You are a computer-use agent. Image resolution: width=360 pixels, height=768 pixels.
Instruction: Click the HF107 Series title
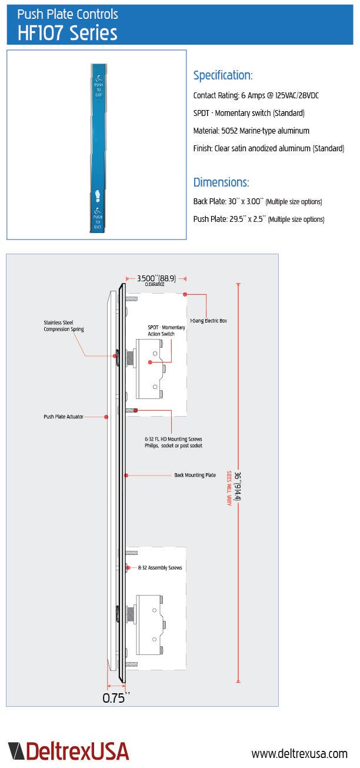pos(67,32)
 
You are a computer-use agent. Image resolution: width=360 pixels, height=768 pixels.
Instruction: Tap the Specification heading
pos(223,75)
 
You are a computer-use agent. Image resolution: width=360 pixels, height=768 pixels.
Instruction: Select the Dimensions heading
pos(221,182)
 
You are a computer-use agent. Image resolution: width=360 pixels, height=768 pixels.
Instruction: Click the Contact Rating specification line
pos(256,95)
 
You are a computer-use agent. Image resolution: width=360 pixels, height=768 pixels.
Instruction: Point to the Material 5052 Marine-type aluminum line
pos(251,131)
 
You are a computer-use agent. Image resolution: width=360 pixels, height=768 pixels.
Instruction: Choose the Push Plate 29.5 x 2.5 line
pos(259,219)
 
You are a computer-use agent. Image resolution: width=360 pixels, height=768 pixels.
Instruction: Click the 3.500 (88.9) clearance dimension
pos(156,278)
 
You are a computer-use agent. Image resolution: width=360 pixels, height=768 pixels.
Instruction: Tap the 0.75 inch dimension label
pos(116,698)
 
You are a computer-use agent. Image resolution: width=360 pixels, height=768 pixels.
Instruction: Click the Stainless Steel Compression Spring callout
pos(64,325)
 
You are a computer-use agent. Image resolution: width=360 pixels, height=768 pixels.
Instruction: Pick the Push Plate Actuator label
pos(63,417)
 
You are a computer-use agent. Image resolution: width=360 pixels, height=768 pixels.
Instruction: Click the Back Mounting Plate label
pos(195,474)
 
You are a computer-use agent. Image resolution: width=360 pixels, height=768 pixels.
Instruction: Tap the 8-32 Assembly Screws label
pos(159,568)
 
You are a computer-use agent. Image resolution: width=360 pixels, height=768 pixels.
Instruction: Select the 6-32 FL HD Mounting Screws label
pos(174,442)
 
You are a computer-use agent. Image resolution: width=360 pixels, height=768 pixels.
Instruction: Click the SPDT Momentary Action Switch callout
pos(166,331)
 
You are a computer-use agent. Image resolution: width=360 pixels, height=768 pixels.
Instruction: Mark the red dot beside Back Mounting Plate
pos(126,474)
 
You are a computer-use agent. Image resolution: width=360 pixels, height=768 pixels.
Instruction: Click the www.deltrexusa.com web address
pos(299,753)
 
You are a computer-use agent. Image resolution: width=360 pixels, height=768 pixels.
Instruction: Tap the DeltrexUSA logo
pos(68,751)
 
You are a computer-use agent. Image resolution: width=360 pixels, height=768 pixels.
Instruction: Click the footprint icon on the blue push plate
pos(98,196)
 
